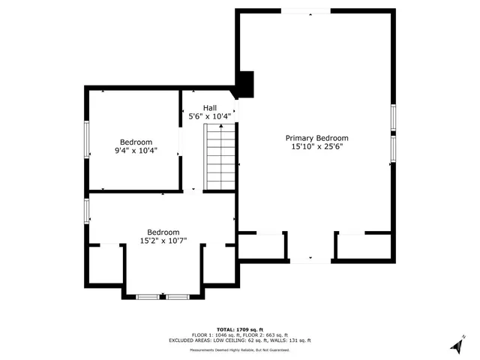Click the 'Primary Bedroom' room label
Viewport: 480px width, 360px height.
click(x=316, y=138)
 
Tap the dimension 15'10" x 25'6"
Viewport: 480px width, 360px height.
click(x=316, y=148)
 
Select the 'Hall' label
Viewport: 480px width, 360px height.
click(x=210, y=107)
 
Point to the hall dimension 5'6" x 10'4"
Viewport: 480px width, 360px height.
click(x=210, y=116)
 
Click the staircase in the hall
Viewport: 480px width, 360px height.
click(x=220, y=157)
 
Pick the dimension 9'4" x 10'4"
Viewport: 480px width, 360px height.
click(x=136, y=151)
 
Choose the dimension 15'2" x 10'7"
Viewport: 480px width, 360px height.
click(x=163, y=241)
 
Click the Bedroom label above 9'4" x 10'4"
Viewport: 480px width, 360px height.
click(x=136, y=142)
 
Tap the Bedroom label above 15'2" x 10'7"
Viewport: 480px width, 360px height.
click(x=163, y=232)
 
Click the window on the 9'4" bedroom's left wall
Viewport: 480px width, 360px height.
click(x=85, y=140)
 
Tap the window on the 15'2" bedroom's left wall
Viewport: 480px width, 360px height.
click(x=87, y=210)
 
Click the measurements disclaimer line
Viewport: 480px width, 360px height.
click(x=241, y=349)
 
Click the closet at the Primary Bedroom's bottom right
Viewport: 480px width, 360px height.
click(x=364, y=245)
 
